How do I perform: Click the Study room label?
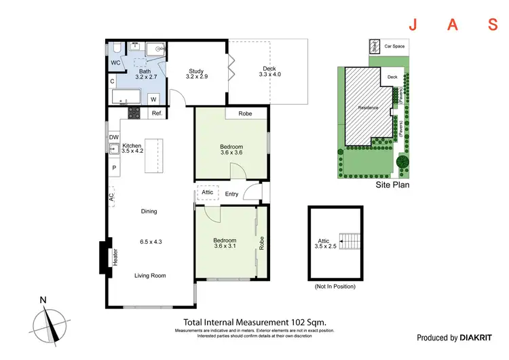pos(196,70)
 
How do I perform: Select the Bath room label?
pos(145,71)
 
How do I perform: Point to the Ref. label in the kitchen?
pos(155,113)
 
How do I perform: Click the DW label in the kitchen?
pos(113,137)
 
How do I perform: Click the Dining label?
pos(149,211)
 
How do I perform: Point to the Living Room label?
pos(150,275)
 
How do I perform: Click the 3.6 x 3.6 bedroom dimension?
pos(231,154)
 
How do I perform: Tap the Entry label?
pos(232,194)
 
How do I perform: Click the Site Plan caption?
pos(393,184)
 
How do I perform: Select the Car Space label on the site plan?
pos(394,47)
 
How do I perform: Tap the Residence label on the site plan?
pos(369,108)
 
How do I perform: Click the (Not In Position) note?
pos(335,286)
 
